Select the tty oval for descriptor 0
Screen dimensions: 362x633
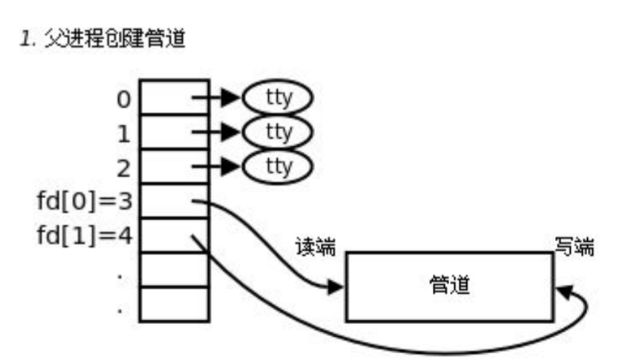(x=278, y=98)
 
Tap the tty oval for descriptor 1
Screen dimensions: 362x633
(x=278, y=132)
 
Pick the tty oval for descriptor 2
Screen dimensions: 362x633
(x=278, y=167)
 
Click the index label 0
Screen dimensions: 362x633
(x=124, y=99)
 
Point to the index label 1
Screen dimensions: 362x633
(x=124, y=134)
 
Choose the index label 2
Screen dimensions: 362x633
(x=124, y=168)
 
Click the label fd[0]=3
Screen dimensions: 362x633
(x=85, y=202)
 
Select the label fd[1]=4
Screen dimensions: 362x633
(x=85, y=236)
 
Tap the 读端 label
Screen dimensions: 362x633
(x=316, y=248)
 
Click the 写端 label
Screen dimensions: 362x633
(x=575, y=248)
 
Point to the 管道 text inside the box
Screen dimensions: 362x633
(x=450, y=287)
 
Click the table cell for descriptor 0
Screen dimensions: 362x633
(x=174, y=98)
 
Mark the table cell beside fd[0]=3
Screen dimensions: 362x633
(x=174, y=201)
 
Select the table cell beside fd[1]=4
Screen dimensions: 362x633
(x=174, y=235)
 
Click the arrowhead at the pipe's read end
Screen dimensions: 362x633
(x=336, y=288)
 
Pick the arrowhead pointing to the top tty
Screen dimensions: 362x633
(x=230, y=98)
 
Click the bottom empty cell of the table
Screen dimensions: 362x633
(x=174, y=304)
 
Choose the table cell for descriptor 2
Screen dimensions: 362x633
(x=174, y=167)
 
